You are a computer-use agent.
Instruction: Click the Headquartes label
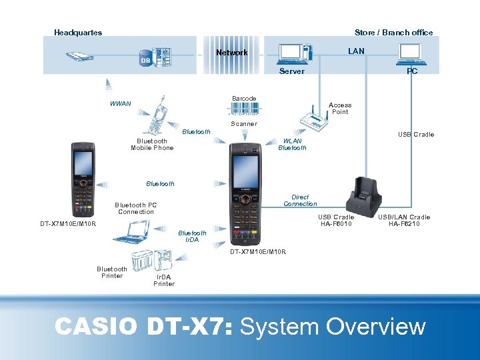click(78, 33)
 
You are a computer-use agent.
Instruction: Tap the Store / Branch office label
click(393, 33)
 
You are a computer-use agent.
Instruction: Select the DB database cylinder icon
click(145, 59)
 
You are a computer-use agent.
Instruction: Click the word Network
click(231, 53)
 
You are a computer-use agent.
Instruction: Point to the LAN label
click(356, 51)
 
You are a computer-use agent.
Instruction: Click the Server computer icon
click(294, 53)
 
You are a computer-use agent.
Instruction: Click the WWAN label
click(120, 104)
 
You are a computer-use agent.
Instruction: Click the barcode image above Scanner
click(243, 109)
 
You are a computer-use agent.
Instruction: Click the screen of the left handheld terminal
click(83, 161)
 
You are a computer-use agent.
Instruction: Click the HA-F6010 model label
click(336, 224)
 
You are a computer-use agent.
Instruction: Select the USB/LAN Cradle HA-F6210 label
click(404, 221)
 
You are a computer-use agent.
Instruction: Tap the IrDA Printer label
click(164, 281)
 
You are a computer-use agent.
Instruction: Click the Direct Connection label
click(300, 201)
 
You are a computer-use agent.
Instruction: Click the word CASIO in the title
click(96, 327)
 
